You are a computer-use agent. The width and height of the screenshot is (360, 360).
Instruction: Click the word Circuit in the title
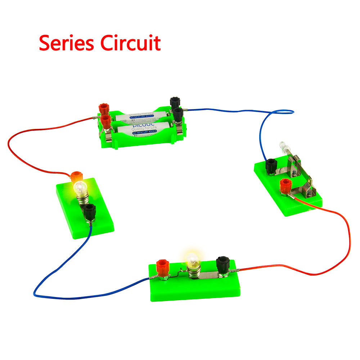coord(130,43)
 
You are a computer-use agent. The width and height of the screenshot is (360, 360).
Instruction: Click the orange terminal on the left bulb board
coord(76,177)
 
